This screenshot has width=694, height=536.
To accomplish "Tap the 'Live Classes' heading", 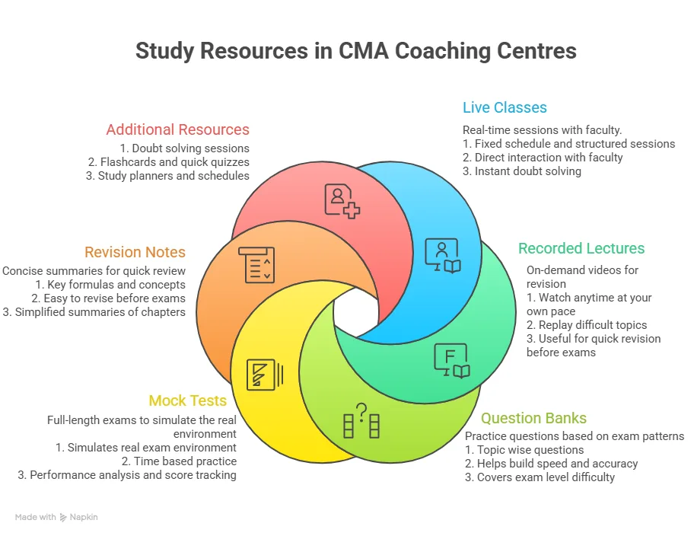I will point(505,107).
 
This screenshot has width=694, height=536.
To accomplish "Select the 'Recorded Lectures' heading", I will point(581,248).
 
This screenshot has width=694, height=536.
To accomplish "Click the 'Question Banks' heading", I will point(533,418).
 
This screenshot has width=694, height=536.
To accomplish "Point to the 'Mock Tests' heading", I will point(188,400).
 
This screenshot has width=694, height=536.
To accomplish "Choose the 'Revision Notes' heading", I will point(135,252).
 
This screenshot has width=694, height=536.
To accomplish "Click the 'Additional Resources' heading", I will point(177,129).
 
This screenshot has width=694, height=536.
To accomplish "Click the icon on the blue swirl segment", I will point(442,256).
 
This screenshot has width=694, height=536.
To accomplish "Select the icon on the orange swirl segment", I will point(256,264).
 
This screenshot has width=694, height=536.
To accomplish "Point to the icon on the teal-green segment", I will point(451,361).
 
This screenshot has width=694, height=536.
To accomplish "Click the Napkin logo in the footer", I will point(78,517).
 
